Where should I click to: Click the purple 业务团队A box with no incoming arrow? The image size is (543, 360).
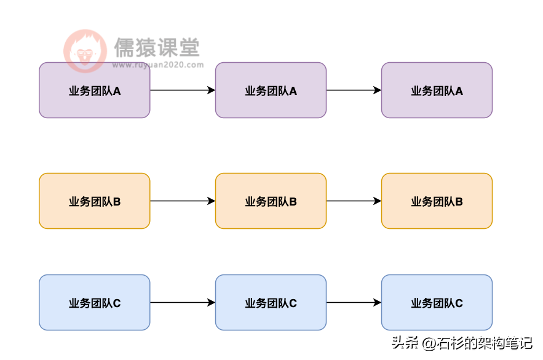pos(94,90)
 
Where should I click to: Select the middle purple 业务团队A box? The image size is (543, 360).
pos(271,90)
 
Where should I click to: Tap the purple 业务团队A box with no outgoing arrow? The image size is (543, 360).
pos(437,90)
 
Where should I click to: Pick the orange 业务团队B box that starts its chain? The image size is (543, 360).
pos(94,201)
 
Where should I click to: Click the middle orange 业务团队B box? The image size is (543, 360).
pos(271,201)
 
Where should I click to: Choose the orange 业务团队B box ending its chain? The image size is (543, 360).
pos(437,201)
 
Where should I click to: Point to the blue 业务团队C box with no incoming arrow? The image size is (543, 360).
pos(94,302)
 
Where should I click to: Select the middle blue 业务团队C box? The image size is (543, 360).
pos(271,302)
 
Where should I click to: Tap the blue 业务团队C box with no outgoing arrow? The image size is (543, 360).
pos(437,302)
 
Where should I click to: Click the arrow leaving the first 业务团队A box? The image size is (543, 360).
pos(182,90)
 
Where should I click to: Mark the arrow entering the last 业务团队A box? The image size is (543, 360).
pos(354,90)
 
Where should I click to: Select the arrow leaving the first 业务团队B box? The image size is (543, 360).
pos(182,201)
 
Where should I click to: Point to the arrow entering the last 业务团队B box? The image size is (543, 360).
pos(354,201)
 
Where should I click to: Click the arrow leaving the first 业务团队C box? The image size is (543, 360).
pos(182,302)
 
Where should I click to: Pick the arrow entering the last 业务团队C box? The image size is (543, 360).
pos(354,302)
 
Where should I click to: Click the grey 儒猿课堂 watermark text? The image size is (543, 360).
pos(157,47)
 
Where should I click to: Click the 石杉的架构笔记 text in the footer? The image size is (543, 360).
pos(485,343)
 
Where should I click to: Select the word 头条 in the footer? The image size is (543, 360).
pos(405,343)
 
